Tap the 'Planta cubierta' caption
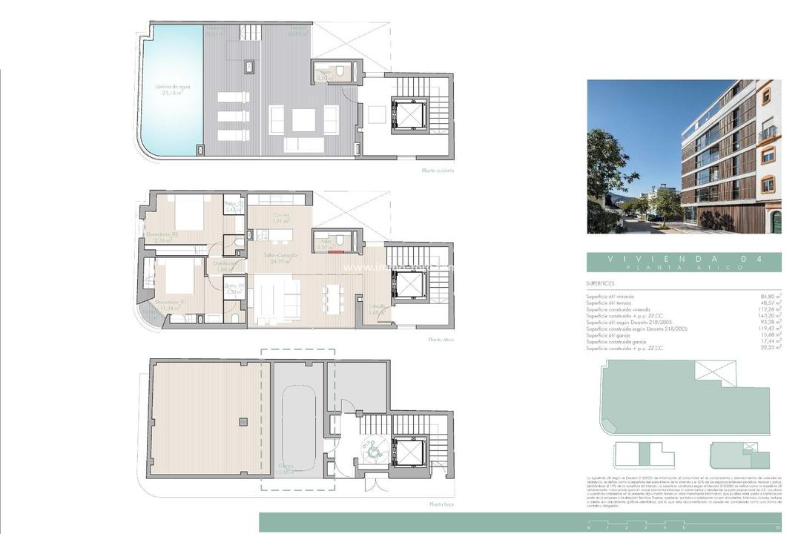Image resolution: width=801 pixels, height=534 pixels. [437, 171]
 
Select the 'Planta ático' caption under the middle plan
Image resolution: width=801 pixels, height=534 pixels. [440, 340]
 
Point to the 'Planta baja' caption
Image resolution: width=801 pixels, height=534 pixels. [441, 504]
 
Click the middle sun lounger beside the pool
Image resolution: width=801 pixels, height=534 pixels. [233, 116]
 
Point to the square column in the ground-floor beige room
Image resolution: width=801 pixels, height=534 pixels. [243, 421]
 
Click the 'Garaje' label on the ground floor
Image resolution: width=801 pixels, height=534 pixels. [286, 467]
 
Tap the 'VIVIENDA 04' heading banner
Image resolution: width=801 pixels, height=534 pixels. [683, 262]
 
